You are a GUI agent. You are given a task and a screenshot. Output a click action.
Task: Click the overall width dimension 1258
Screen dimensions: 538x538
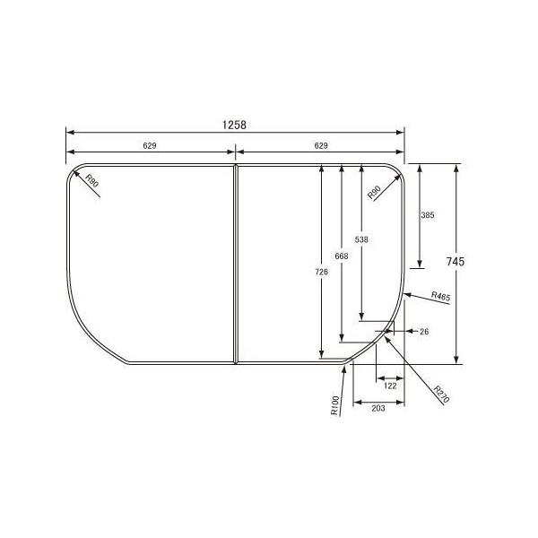tap(235, 125)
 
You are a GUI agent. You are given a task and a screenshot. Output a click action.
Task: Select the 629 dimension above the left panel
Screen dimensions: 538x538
tap(151, 144)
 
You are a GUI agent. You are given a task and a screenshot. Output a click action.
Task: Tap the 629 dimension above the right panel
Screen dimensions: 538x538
tap(320, 144)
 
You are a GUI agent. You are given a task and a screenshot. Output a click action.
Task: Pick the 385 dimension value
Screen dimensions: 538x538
tap(428, 216)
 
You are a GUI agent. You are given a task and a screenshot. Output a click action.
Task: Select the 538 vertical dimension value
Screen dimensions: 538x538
tap(360, 239)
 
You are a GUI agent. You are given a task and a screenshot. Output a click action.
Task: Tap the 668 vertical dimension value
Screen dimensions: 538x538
tap(341, 256)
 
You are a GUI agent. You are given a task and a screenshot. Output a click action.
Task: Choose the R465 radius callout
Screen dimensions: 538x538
tap(440, 295)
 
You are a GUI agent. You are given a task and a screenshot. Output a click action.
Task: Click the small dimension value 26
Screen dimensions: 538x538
tap(424, 332)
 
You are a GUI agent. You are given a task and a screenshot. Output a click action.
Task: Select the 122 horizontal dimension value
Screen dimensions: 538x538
tap(389, 386)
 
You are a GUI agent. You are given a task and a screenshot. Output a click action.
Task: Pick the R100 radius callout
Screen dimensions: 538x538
tap(334, 406)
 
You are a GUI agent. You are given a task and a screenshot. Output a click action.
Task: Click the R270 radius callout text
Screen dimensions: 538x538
tap(439, 395)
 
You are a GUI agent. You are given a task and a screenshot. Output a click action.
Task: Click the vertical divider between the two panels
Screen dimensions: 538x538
tap(236, 265)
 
